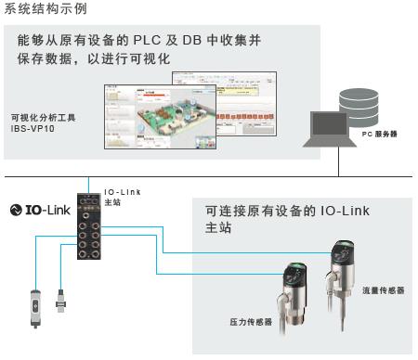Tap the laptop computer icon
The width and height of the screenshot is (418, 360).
(x=332, y=129)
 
